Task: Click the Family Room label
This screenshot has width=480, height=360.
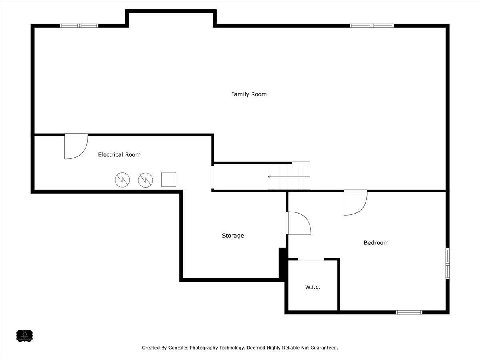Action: pos(249,94)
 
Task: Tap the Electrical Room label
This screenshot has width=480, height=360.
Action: pos(119,155)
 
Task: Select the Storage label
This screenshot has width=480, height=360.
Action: pos(233,236)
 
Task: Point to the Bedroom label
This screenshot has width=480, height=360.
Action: pos(376,243)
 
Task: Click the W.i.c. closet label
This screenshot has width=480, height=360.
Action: pos(313,287)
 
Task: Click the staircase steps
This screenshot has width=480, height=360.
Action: pos(289,176)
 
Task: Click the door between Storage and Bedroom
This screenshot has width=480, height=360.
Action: pos(298,223)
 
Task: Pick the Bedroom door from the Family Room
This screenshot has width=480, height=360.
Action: pos(355,203)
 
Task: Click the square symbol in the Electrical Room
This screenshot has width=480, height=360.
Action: pos(168,180)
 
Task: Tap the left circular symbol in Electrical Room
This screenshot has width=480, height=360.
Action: pos(122,180)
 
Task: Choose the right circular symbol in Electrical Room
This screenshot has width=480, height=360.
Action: pos(146,180)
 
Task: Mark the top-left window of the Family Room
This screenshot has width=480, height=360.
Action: pos(79,26)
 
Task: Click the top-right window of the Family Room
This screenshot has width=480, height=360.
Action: pos(372,26)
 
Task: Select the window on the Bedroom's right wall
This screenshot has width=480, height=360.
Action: pos(447,263)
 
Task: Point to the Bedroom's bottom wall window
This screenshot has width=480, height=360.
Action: pos(409,312)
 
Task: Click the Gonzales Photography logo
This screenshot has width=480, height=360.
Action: pos(24,335)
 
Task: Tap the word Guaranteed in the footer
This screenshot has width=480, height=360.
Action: pos(324,348)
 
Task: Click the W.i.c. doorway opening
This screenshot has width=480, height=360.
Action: pos(311,260)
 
